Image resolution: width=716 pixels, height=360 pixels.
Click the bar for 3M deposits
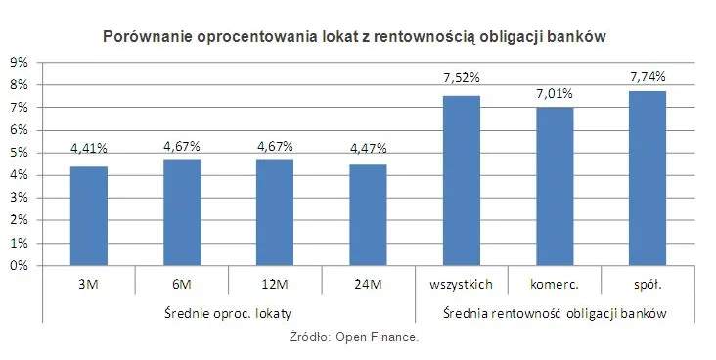click(88, 216)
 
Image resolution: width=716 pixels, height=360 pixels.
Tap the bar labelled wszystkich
click(462, 181)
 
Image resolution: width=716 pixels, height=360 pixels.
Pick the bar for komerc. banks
click(555, 187)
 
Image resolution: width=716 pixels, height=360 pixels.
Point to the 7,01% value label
click(555, 93)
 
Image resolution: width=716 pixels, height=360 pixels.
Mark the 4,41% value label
click(88, 149)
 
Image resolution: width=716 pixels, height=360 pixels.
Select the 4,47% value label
click(368, 149)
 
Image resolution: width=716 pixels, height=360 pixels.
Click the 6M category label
click(181, 285)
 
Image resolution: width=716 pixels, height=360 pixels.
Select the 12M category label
click(275, 285)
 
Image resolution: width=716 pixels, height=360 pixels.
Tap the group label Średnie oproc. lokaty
click(227, 314)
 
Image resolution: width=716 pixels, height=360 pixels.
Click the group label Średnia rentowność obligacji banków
click(555, 314)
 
